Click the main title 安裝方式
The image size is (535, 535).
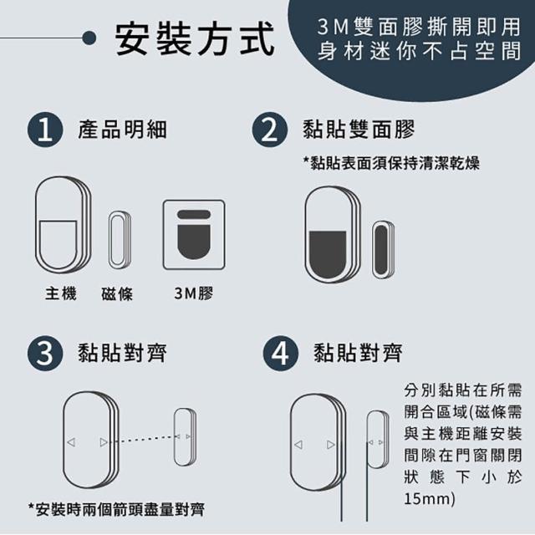(194, 38)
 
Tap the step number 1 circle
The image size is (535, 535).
(45, 130)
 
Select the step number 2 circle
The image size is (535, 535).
(269, 130)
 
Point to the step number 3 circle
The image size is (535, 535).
(45, 353)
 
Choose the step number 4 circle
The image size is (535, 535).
(281, 353)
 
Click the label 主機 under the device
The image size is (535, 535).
(61, 293)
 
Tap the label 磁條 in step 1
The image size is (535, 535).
(117, 293)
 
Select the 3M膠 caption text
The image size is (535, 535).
(193, 293)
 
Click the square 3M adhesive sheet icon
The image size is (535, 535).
(194, 235)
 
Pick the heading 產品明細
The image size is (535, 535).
(123, 130)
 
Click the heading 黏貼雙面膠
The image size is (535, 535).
(359, 130)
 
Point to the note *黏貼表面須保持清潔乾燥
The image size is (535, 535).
(391, 163)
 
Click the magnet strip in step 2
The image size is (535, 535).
(383, 249)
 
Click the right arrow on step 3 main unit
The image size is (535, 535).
(104, 442)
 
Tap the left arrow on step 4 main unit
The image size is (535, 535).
(298, 445)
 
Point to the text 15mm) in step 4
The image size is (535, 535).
(430, 498)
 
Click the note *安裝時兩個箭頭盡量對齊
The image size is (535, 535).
(116, 510)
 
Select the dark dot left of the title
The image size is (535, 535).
(89, 38)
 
